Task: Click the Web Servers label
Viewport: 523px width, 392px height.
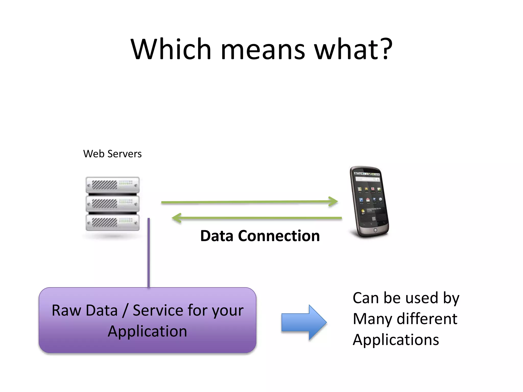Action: [x=112, y=154]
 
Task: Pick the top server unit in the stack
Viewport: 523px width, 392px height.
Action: [x=113, y=185]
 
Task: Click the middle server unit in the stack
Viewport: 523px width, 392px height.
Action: [x=113, y=204]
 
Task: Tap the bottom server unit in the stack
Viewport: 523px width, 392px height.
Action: [x=113, y=223]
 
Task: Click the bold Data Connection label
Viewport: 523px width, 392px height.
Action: [x=260, y=236]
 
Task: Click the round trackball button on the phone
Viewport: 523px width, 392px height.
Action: [x=375, y=230]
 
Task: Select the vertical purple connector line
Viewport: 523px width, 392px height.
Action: [x=149, y=253]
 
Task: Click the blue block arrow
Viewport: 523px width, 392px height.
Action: [x=304, y=322]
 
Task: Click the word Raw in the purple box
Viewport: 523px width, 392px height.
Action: [x=66, y=311]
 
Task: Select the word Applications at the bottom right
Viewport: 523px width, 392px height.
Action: [x=396, y=340]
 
